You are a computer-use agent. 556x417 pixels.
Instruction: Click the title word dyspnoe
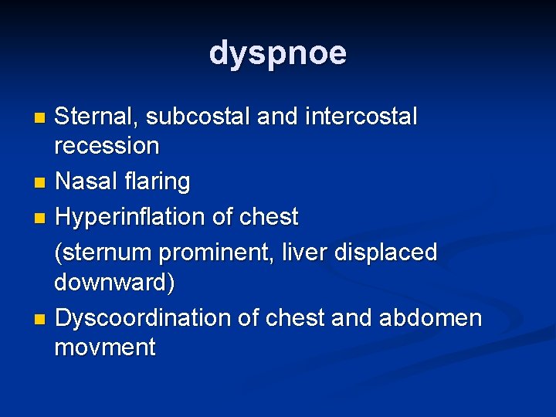tap(278, 53)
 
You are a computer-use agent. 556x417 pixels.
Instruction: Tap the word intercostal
tap(361, 117)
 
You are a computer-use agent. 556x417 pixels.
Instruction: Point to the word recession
tap(107, 145)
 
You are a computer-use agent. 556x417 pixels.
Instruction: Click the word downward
tap(114, 283)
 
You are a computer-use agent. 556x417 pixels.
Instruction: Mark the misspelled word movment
tap(104, 347)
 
